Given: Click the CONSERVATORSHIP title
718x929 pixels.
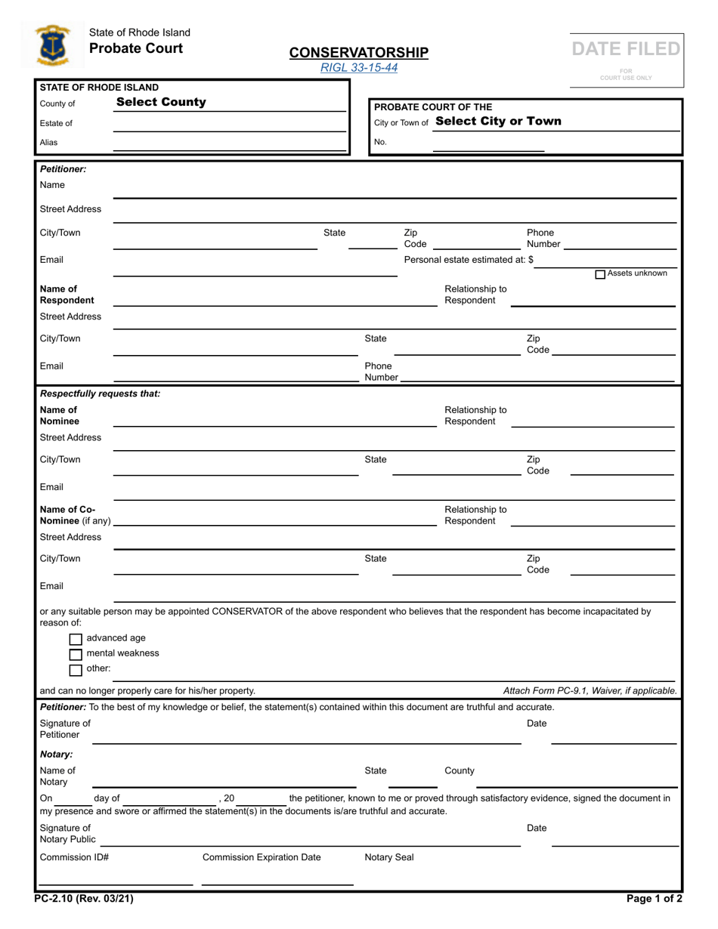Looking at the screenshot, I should [358, 52].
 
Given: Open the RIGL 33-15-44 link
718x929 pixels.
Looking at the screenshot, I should [358, 68].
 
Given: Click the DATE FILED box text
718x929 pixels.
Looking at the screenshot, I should [626, 50].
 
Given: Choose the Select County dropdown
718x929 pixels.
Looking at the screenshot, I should [161, 103].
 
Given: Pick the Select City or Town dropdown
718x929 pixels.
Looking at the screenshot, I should [499, 122].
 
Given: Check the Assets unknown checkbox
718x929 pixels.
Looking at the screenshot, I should [600, 274].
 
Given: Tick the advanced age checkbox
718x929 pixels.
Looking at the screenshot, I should [76, 639].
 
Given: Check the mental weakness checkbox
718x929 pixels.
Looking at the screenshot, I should [76, 654].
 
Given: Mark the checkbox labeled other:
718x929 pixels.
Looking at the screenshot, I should [76, 669].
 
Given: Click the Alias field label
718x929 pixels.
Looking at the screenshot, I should [49, 142].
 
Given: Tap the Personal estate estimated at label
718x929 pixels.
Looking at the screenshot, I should [469, 260].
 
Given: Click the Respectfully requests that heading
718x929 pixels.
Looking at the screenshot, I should [100, 394].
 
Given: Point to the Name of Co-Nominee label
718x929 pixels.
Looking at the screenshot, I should [75, 515].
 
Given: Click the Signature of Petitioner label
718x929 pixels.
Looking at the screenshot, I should [65, 729].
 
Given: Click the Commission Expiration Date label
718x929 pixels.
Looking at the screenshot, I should [262, 857].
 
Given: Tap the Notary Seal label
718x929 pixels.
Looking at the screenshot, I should [389, 857].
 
